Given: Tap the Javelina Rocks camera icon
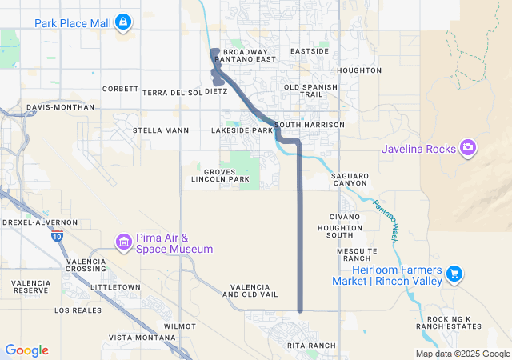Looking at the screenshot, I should click(x=468, y=148).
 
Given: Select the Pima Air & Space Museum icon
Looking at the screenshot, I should click(x=123, y=241).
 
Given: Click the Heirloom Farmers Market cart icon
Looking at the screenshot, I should click(x=454, y=274).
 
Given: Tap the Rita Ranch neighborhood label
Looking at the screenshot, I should click(x=311, y=346).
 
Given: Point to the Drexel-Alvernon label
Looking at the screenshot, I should click(x=40, y=222).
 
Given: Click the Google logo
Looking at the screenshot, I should click(x=26, y=350).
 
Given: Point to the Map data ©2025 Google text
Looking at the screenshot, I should click(x=462, y=354).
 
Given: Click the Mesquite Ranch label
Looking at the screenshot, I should click(x=356, y=254).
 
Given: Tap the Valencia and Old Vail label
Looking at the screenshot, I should click(x=254, y=290).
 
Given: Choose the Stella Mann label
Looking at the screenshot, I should click(x=161, y=130).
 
